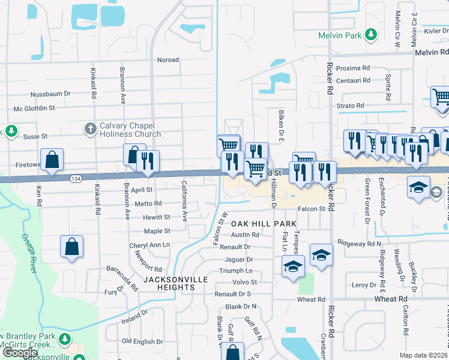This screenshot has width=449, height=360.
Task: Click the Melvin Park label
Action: point(340,36)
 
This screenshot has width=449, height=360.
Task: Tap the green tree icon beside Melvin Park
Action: point(372,35)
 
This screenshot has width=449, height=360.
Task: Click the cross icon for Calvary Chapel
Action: point(90,128)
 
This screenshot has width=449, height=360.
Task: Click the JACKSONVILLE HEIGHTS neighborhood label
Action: point(175,284)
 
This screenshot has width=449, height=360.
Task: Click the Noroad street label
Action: point(168,60)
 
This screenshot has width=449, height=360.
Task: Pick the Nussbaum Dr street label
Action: point(50,94)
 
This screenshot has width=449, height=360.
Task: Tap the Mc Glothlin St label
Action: point(34,109)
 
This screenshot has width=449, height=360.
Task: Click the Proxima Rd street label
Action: point(353,68)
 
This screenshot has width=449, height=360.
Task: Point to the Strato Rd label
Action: point(351,106)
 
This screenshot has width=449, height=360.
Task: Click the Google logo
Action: point(19,353)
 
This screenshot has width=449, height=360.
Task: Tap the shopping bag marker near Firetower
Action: point(52,160)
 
